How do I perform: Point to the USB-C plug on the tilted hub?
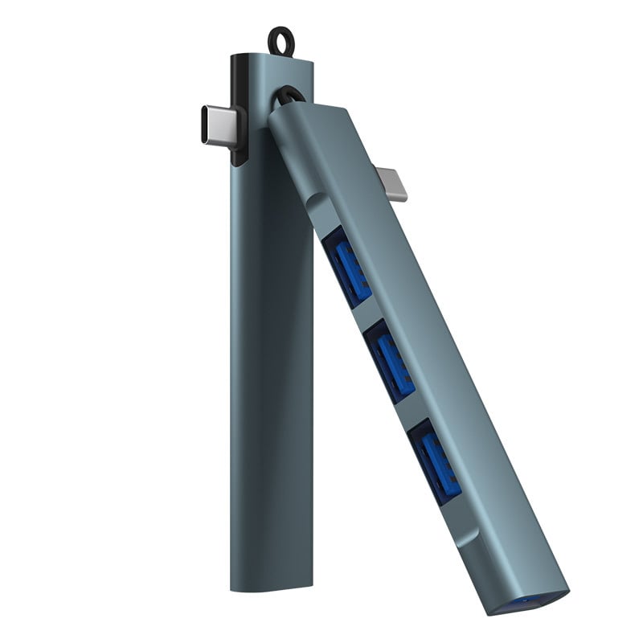[393, 182]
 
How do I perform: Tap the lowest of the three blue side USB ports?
[435, 459]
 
